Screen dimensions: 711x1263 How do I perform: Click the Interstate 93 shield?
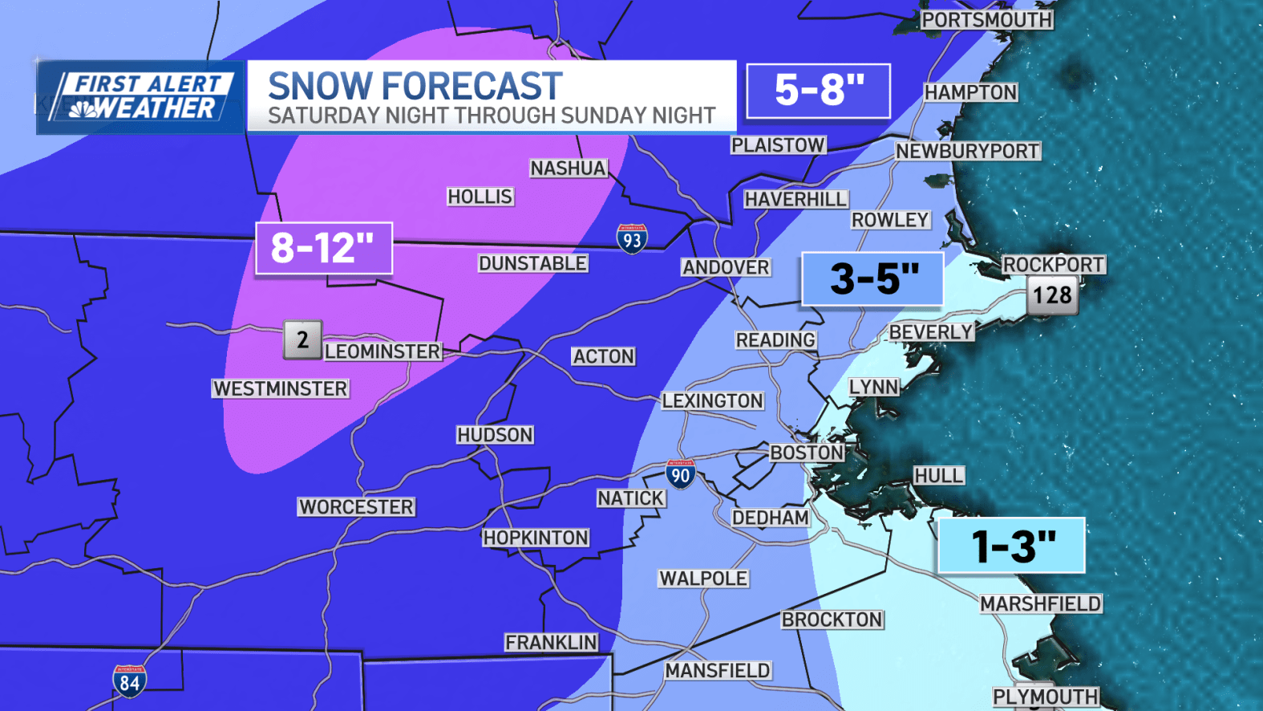(632, 239)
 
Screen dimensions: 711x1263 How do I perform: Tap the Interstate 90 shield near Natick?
(680, 474)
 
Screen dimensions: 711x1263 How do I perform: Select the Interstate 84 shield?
(129, 681)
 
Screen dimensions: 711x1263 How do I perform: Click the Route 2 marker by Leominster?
(302, 339)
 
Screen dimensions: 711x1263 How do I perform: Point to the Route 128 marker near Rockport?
(1052, 295)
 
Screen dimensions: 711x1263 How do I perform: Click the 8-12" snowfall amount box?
(323, 248)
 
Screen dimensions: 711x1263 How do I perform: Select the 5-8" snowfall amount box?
(818, 90)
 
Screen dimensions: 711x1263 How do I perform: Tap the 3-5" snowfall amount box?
(872, 278)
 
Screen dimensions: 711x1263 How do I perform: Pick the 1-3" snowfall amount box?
(1011, 546)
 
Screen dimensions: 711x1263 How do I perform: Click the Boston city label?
(807, 453)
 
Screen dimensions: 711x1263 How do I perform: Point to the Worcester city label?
(356, 507)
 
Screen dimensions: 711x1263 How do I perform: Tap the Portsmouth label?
(986, 20)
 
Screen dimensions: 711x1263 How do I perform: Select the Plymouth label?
(1045, 697)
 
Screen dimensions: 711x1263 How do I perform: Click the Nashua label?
(568, 169)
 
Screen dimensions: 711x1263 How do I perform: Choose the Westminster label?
(280, 389)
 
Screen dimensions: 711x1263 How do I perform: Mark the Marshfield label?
(1041, 603)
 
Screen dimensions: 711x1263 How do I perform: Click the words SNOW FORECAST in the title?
(415, 86)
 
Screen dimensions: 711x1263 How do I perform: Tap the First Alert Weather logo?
(141, 97)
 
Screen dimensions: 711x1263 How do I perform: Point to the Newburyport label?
(967, 151)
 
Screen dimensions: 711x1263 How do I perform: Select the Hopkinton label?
(536, 538)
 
